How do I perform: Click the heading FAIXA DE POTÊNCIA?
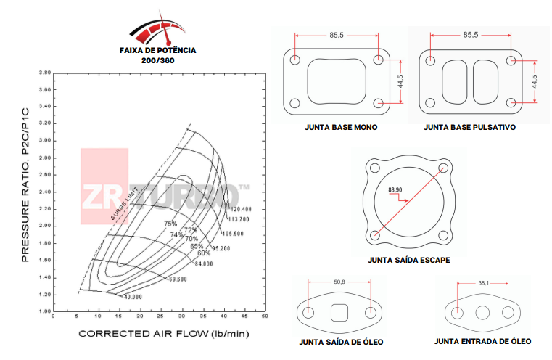pos(157,52)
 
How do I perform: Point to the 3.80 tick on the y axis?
pos(44,73)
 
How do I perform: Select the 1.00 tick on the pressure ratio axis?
pos(44,311)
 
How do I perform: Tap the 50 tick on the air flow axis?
pos(265,317)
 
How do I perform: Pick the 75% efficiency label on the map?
pos(170,224)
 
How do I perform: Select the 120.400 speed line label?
pos(239,209)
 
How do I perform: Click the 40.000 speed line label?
pos(132,297)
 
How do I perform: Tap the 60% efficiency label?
pos(204,253)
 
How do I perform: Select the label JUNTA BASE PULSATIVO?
pos(469,127)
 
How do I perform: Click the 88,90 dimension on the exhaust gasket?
pos(395,189)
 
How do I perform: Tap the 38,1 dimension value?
pos(483,283)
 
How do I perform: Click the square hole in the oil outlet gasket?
pos(339,314)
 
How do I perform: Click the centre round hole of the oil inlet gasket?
pos(483,314)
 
